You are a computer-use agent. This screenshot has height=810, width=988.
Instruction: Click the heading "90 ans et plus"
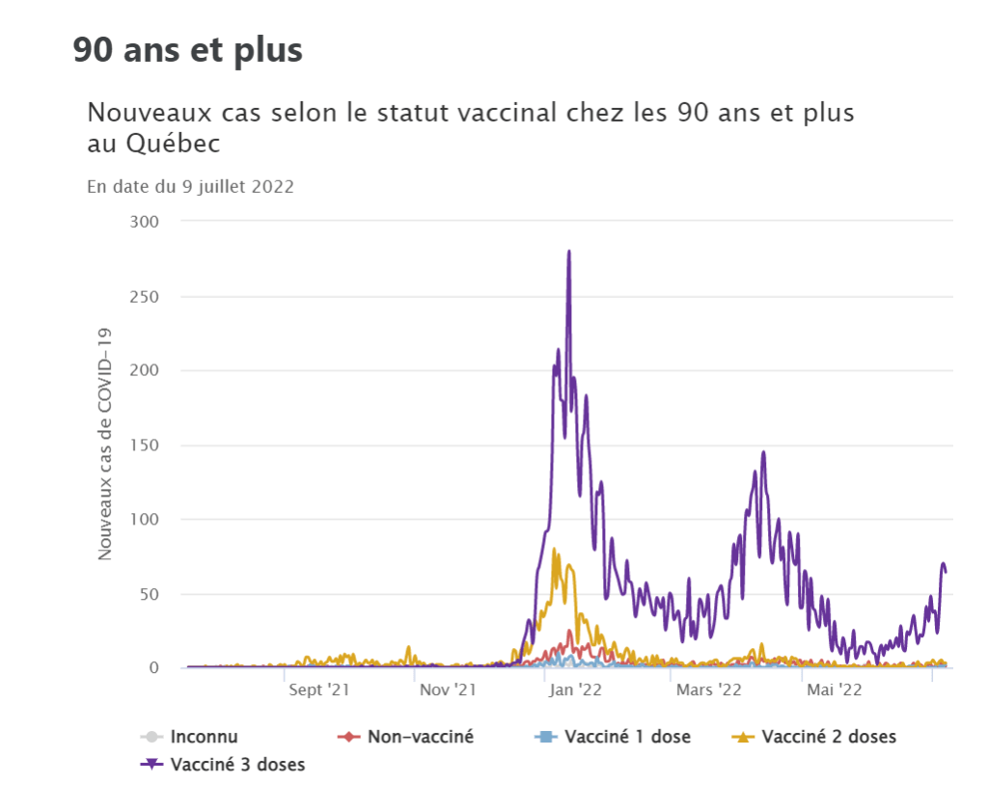click(x=188, y=50)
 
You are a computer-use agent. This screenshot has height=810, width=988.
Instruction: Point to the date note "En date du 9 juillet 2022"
click(x=190, y=187)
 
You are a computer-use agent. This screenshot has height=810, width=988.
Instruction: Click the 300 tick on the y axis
click(x=144, y=222)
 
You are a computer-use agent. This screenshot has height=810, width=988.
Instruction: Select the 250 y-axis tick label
click(x=144, y=296)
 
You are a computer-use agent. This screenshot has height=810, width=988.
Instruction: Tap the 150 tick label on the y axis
click(x=144, y=445)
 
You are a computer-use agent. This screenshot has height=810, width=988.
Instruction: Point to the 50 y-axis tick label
click(x=148, y=593)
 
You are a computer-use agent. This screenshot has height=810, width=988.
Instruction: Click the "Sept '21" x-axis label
click(x=318, y=689)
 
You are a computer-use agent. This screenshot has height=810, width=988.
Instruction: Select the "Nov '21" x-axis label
click(x=448, y=689)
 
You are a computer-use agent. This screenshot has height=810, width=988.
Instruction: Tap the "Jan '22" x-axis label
click(x=577, y=689)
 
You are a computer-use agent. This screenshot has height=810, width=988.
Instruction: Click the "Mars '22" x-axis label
click(x=708, y=689)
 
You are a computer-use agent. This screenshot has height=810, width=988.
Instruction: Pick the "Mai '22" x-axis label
click(x=835, y=689)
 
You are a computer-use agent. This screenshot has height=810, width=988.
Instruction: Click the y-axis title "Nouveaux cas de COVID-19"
click(x=105, y=445)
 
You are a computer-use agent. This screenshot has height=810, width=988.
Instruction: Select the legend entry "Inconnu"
click(x=203, y=738)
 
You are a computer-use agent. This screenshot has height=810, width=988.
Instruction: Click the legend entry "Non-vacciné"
click(x=420, y=738)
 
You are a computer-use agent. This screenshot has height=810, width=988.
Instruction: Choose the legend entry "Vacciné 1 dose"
click(x=627, y=738)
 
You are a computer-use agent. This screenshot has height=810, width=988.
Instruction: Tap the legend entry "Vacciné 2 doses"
click(x=828, y=738)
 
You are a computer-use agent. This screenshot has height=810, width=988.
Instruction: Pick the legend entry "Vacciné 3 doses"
click(x=236, y=766)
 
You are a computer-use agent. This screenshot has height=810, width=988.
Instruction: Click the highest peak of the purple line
click(x=569, y=252)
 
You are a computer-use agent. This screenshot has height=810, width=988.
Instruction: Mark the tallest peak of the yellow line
click(x=554, y=551)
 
